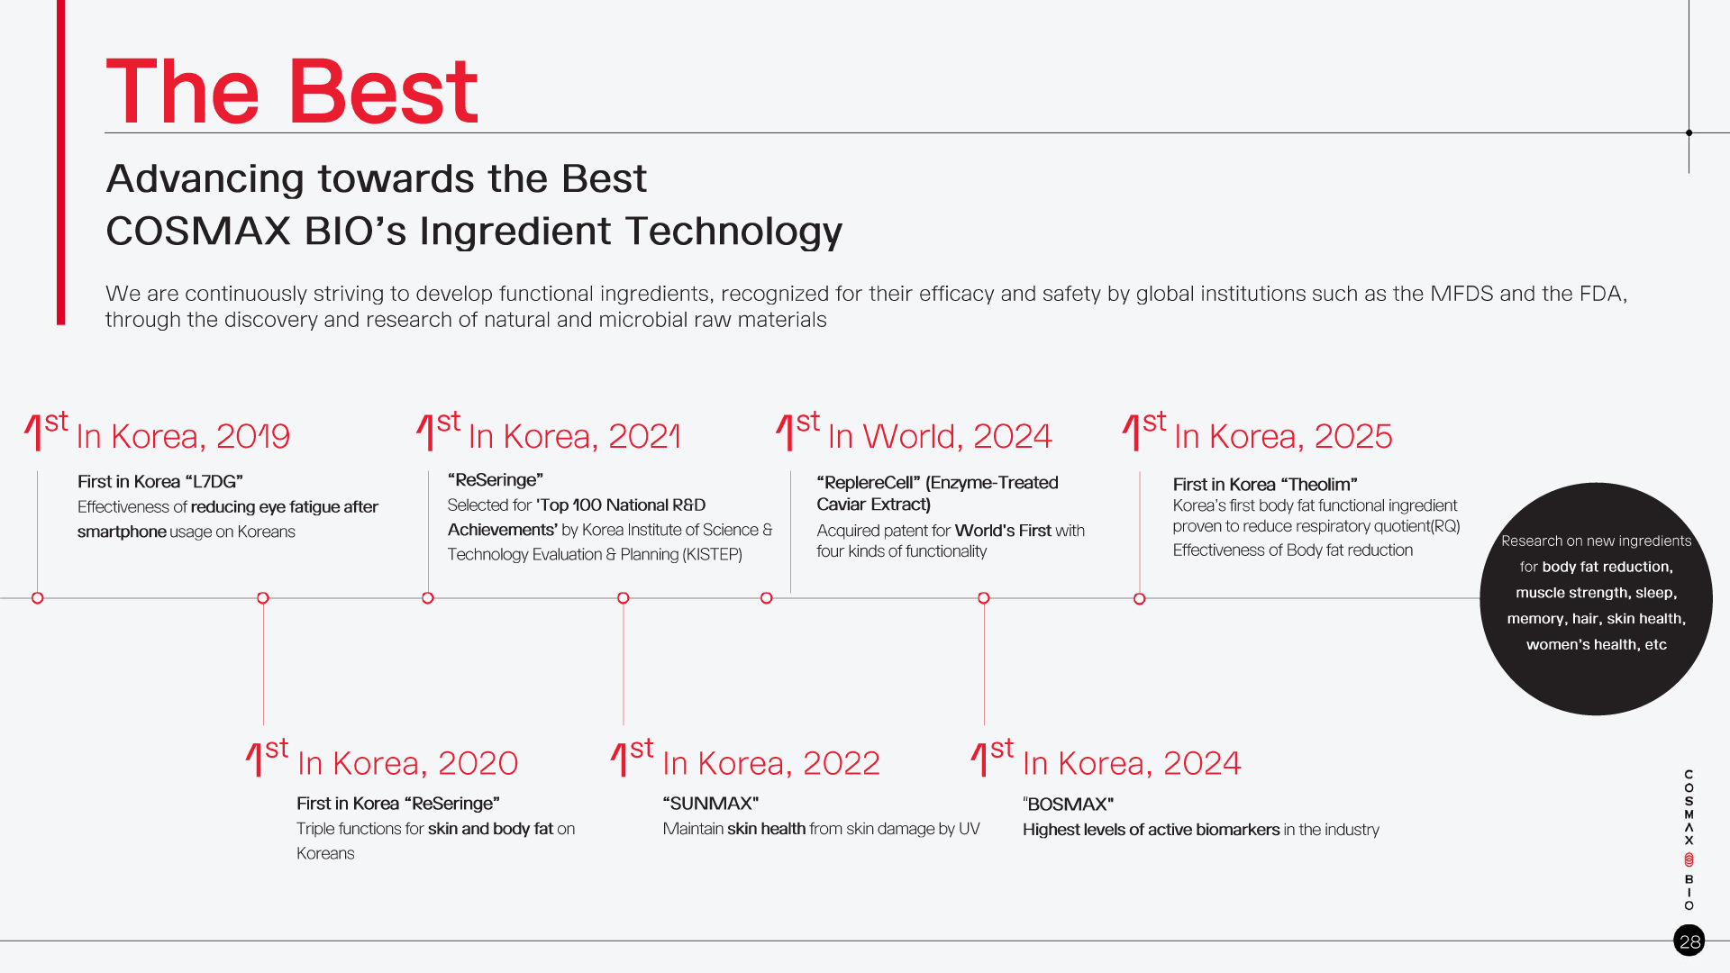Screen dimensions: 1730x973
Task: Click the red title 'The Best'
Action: click(292, 91)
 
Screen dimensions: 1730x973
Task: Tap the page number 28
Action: click(1689, 941)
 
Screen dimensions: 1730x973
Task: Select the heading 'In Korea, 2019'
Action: click(183, 436)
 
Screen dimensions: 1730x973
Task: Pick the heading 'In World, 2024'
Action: click(940, 436)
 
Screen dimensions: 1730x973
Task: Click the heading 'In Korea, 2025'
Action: click(1283, 436)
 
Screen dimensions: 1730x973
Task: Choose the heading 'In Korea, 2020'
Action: click(407, 763)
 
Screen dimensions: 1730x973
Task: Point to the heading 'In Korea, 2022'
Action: click(771, 763)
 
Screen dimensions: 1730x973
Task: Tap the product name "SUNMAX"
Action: click(711, 804)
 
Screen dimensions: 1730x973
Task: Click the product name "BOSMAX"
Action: click(1069, 805)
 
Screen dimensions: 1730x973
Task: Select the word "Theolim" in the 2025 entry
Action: click(1323, 485)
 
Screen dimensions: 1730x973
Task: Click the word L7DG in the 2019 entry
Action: click(214, 482)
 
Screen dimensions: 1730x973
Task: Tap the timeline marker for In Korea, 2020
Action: click(263, 598)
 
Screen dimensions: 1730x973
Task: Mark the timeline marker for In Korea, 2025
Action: click(1140, 599)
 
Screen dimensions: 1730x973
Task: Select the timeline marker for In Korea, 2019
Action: click(38, 598)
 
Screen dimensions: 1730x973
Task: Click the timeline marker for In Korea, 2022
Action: click(624, 598)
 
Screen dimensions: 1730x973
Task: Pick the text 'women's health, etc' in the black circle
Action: click(1597, 645)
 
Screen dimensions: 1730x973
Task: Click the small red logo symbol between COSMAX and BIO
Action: click(1689, 860)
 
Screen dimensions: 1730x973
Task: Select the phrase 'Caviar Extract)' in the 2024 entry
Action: click(874, 505)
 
